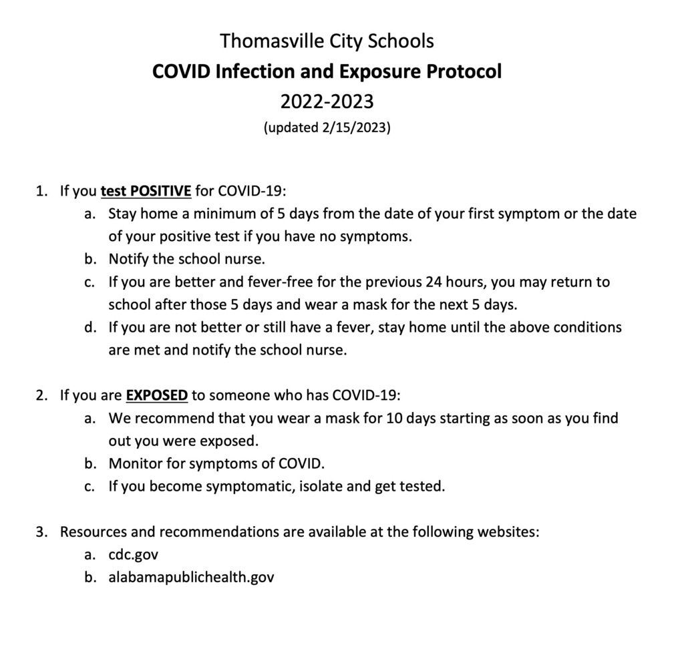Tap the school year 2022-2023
pos(327,101)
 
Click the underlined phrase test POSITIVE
pos(146,192)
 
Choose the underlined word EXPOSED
pos(157,395)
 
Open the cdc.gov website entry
pos(134,555)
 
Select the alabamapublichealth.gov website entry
pos(191,578)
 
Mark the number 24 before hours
pos(435,282)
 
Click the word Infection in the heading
pos(250,71)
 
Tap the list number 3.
pos(41,532)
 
